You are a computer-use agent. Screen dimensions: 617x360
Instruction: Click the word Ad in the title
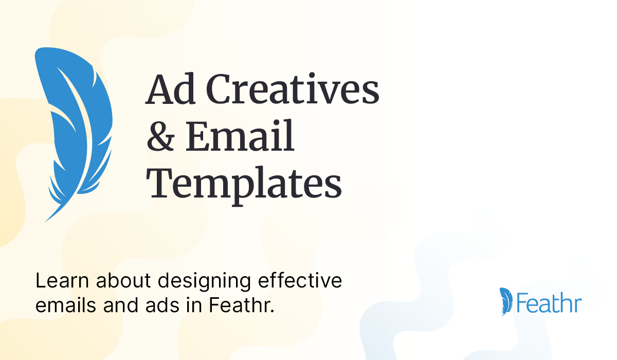[171, 88]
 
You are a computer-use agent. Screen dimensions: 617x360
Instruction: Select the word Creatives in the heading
[293, 88]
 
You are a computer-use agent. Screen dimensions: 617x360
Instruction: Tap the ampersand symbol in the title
[160, 136]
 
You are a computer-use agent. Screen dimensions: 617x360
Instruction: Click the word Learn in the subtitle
[62, 281]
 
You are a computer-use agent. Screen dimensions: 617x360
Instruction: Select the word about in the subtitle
[123, 281]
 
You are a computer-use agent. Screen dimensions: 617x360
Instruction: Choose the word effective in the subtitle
[300, 281]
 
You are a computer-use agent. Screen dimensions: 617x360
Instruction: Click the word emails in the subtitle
[66, 305]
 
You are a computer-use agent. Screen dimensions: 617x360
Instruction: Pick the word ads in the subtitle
[162, 305]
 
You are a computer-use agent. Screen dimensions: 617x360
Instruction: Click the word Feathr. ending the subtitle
[242, 305]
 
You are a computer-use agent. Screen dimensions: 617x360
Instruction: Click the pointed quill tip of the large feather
[45, 221]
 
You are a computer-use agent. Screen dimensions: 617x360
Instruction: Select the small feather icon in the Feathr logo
[506, 302]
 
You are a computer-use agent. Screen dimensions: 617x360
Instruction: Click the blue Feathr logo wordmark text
[549, 302]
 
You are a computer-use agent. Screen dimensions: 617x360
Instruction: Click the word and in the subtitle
[121, 305]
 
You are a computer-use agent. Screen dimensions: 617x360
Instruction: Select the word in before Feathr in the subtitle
[194, 305]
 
